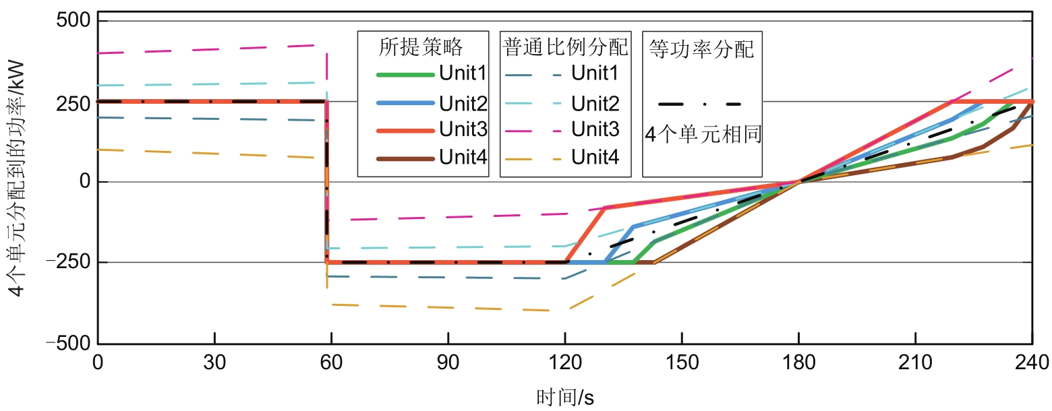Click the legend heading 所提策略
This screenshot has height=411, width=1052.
click(421, 47)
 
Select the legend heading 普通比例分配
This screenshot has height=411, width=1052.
click(565, 47)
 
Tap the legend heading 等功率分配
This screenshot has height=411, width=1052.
click(701, 49)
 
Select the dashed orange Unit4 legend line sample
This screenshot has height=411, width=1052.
click(534, 159)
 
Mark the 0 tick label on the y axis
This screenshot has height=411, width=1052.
click(84, 182)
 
